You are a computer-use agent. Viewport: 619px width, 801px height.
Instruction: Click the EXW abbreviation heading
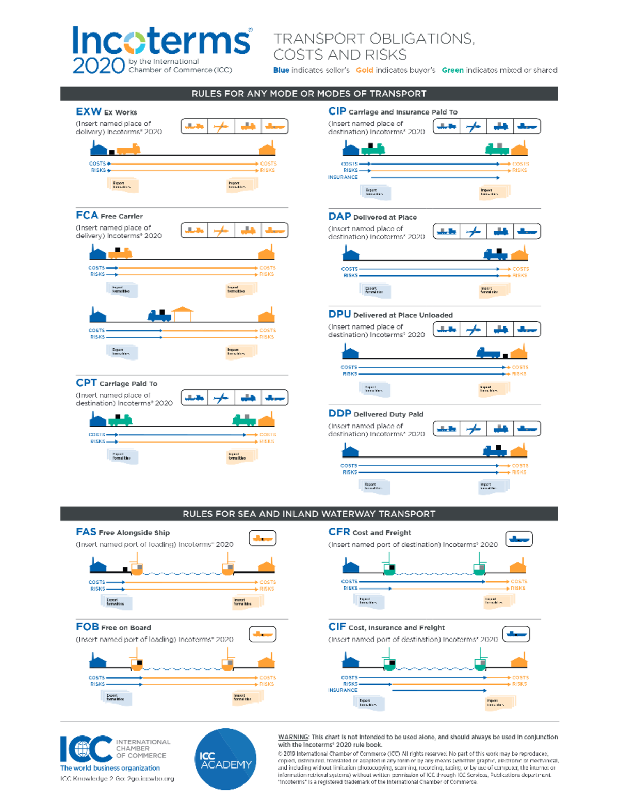(x=89, y=111)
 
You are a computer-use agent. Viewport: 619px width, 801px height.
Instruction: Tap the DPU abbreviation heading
(x=339, y=314)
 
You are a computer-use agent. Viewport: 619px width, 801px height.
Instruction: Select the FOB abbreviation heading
(x=87, y=627)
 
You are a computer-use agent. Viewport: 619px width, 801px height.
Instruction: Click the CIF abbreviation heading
(x=337, y=627)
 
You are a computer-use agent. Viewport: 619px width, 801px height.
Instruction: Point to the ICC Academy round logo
(x=225, y=759)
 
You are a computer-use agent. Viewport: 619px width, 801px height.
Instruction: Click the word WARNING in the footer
(x=293, y=737)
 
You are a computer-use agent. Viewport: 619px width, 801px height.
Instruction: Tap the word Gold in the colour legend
(x=364, y=70)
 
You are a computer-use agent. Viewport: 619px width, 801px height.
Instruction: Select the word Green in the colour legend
(x=452, y=70)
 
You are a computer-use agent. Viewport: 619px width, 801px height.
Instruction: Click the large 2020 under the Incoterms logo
(x=99, y=66)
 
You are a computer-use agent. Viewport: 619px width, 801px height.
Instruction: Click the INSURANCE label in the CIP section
(x=343, y=177)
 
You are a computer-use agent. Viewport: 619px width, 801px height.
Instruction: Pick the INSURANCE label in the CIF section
(x=343, y=690)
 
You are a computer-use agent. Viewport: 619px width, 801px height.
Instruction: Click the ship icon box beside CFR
(x=519, y=539)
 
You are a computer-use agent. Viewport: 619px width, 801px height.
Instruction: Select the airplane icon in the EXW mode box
(x=221, y=126)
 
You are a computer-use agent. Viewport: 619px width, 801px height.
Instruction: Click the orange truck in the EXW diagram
(x=128, y=150)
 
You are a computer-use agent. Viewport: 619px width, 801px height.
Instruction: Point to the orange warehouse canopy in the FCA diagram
(x=183, y=313)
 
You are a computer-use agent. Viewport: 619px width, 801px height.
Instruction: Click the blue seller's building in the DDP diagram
(x=350, y=451)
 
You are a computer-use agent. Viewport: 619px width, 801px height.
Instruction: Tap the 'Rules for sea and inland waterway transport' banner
(x=309, y=514)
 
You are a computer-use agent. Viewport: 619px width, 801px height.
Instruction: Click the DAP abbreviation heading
(x=339, y=217)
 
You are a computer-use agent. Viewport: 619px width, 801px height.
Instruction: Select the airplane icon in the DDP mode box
(x=474, y=429)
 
